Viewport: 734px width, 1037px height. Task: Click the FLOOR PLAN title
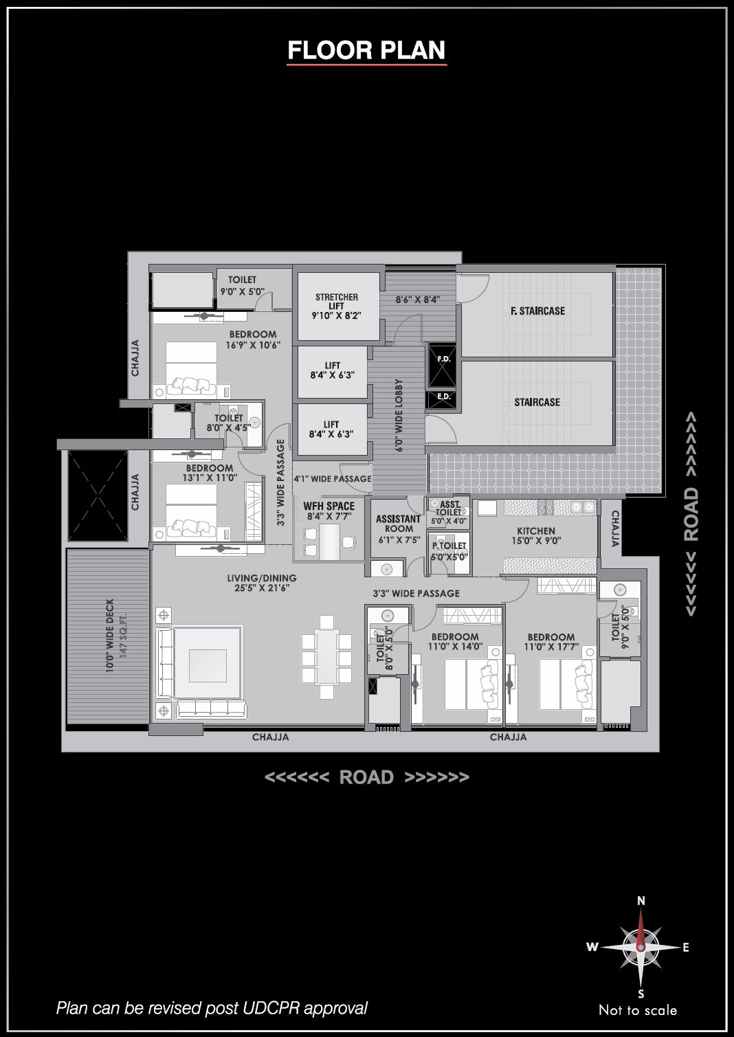(366, 50)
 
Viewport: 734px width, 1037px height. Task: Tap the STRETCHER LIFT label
(337, 302)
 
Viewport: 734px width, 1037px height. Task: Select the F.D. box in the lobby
(443, 365)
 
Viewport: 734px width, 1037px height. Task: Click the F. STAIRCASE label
(537, 311)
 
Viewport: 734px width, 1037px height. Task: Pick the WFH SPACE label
(329, 506)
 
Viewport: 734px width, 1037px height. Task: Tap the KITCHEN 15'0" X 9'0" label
(536, 535)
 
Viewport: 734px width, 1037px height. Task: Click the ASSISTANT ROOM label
(398, 524)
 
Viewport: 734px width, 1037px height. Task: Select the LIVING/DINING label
(262, 578)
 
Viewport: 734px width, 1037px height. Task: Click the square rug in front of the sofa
(208, 663)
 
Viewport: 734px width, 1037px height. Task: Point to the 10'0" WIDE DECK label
(110, 636)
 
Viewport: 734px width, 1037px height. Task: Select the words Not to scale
(638, 1010)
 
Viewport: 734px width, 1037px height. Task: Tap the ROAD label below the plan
(366, 777)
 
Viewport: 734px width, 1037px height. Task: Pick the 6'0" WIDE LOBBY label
(399, 415)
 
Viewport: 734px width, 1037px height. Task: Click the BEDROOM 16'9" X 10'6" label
(253, 339)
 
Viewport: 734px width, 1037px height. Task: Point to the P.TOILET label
(449, 546)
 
